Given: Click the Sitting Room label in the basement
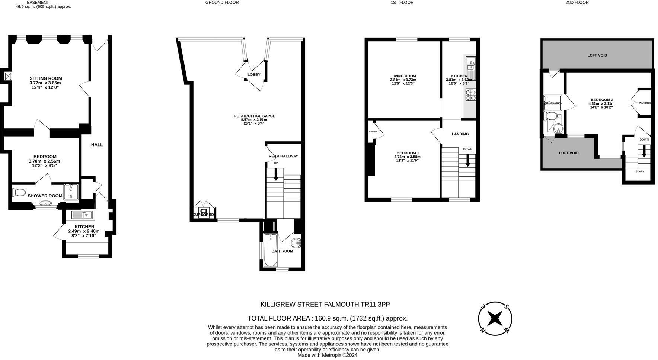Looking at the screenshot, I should click(x=46, y=78).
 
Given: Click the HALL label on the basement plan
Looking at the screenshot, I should click(x=97, y=145).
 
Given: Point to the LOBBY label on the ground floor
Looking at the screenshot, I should click(x=254, y=75).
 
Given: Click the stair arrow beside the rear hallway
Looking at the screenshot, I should click(x=276, y=174).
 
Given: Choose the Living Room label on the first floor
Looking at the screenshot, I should click(x=403, y=76).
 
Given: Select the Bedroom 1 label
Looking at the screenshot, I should click(x=408, y=153).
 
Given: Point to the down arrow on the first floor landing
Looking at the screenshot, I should click(x=468, y=160).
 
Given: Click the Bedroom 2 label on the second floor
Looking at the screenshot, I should click(x=602, y=100).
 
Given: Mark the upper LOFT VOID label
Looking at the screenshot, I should click(x=597, y=55).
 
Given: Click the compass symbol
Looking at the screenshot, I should click(x=495, y=318).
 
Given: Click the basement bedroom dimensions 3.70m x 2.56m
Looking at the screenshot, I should click(x=44, y=161).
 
